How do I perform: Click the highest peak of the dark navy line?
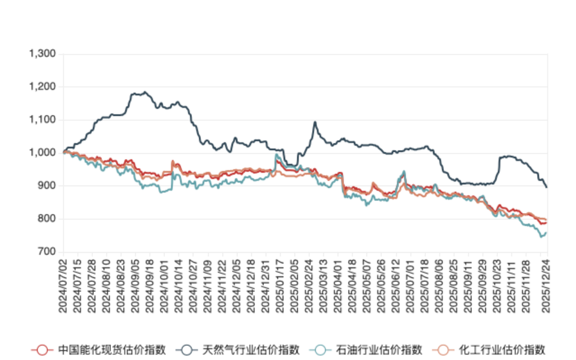145,92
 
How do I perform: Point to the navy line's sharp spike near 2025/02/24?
315,122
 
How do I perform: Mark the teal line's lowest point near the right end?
542,237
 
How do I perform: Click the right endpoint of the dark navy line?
547,187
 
